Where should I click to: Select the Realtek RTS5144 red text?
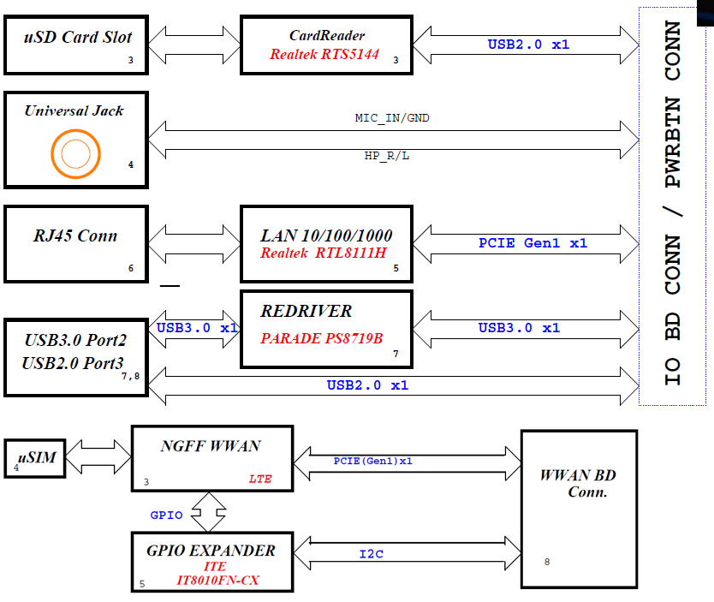(x=324, y=54)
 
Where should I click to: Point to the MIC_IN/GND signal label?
(x=392, y=117)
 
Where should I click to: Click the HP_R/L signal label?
(x=387, y=157)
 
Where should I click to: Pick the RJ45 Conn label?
(x=75, y=235)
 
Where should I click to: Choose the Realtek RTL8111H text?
(x=324, y=253)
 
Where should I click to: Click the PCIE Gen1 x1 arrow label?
(x=533, y=243)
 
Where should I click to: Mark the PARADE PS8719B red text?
(x=321, y=338)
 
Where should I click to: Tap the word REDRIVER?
(x=306, y=311)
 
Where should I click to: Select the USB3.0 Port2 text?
(x=75, y=340)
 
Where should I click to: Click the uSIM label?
(x=37, y=457)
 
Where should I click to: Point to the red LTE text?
(x=260, y=479)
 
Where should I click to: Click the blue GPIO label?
(x=165, y=515)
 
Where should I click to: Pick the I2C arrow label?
(x=371, y=554)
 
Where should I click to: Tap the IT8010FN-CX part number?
(x=217, y=581)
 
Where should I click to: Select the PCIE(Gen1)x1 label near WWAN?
(x=373, y=461)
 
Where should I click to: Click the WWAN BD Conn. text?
(x=578, y=484)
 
